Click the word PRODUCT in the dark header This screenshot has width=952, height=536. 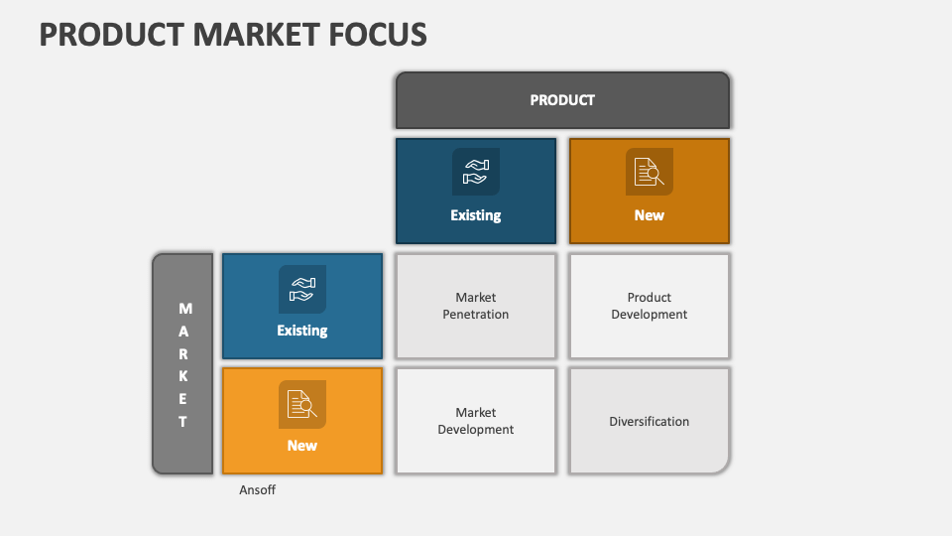point(562,99)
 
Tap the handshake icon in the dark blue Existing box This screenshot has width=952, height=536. point(476,172)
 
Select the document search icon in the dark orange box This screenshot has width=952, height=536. point(650,172)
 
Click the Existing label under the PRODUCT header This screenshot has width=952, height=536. point(476,215)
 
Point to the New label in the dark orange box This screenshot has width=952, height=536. point(650,215)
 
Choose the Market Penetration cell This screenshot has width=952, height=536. point(476,306)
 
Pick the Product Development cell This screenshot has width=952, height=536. point(650,306)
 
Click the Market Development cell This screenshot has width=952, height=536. point(476,421)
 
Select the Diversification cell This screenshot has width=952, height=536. point(650,422)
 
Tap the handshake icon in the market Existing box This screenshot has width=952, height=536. point(302,289)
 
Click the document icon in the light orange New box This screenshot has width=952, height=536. point(302,404)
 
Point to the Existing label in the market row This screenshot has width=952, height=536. point(302,331)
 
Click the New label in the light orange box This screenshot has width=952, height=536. point(302,446)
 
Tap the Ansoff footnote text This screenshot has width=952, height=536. point(257,490)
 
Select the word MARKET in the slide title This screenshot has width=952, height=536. point(244,34)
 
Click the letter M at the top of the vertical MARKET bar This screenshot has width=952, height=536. point(184,309)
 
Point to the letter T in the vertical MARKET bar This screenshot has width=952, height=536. point(183,421)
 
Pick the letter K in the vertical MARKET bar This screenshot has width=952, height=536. point(183,376)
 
